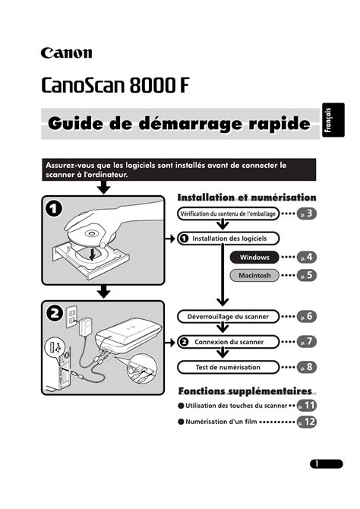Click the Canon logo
pos(66,53)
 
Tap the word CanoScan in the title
pos(83,85)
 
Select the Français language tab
pos(333,120)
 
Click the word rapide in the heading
pos(279,124)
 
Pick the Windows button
pos(254,258)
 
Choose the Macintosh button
pos(254,276)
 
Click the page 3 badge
pos(306,213)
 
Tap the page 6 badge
pos(306,316)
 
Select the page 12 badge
pos(307,422)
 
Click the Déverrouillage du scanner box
pos(228,317)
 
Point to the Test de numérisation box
pos(228,368)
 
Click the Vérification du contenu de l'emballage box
pos(228,213)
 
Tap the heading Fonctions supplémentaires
pos(245,391)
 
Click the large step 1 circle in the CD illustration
pos(54,209)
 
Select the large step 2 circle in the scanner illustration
pos(55,314)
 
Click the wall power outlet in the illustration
pos(72,317)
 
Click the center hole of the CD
pos(91,234)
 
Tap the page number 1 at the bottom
pos(317,464)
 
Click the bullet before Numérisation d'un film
pos(181,422)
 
